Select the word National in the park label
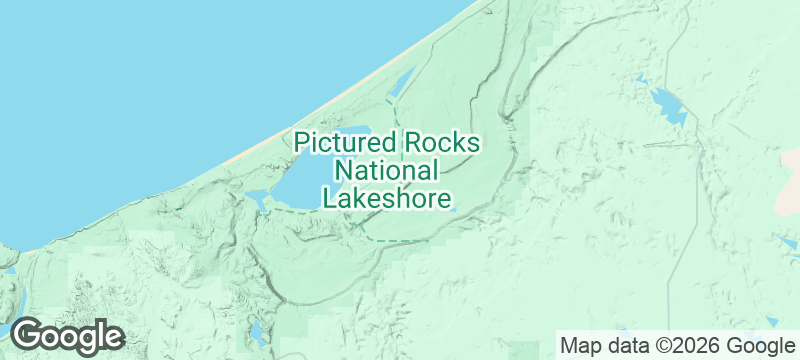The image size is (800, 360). click(386, 170)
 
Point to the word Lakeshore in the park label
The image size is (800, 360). click(386, 198)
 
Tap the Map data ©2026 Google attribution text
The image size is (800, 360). click(676, 346)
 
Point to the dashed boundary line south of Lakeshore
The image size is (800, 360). click(400, 240)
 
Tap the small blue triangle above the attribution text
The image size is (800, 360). click(772, 322)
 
